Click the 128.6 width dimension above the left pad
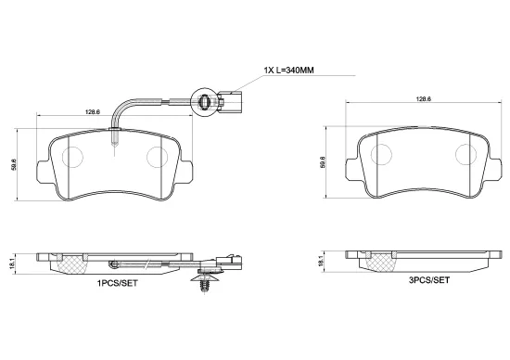pyautogui.click(x=93, y=111)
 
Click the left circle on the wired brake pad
pyautogui.click(x=72, y=158)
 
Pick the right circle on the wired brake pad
pyautogui.click(x=159, y=158)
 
